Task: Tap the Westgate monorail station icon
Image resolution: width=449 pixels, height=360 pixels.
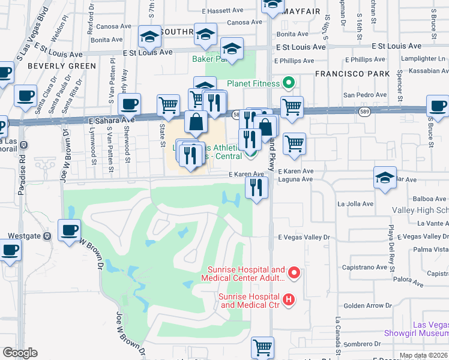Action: pyautogui.click(x=47, y=236)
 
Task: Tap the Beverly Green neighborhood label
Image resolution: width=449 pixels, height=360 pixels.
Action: pyautogui.click(x=62, y=66)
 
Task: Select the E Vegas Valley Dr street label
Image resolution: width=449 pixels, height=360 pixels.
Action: pyautogui.click(x=304, y=238)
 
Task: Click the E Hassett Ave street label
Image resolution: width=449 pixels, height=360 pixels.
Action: pyautogui.click(x=226, y=11)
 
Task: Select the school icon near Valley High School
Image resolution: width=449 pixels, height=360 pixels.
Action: pyautogui.click(x=385, y=178)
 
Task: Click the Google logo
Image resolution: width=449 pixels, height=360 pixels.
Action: pyautogui.click(x=20, y=353)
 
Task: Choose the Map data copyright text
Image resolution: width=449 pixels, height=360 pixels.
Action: pyautogui.click(x=423, y=355)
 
